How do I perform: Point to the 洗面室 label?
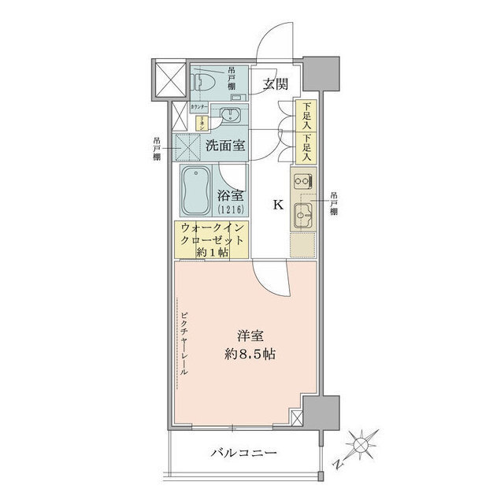(x=225, y=146)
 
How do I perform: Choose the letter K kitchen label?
(x=277, y=206)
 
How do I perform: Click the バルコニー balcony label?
(x=244, y=454)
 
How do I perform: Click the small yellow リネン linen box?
(x=201, y=123)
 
